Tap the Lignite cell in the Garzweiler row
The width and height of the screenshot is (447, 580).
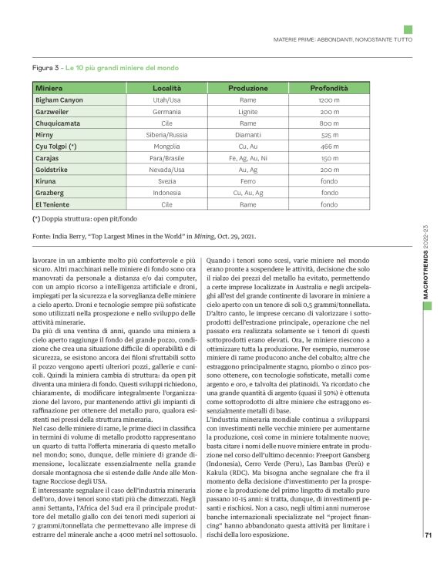247,112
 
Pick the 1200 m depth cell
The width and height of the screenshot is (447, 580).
329,100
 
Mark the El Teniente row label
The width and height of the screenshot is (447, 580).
53,204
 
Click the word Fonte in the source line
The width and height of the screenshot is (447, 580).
44,234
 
